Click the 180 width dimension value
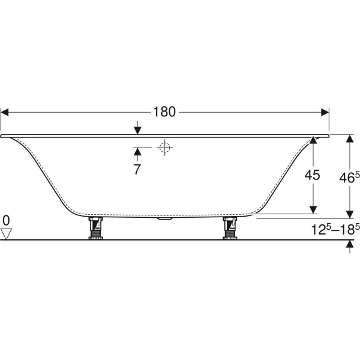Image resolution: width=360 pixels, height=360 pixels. tap(164, 112)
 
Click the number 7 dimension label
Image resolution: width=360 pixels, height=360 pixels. tap(137, 169)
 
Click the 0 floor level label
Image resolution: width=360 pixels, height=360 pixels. tap(6, 220)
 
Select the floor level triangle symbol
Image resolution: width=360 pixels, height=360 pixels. tap(7, 233)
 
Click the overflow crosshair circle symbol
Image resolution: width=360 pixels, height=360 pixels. tap(163, 147)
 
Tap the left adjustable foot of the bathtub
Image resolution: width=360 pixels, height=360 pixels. tap(94, 229)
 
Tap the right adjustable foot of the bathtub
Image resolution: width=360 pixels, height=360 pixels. tap(229, 229)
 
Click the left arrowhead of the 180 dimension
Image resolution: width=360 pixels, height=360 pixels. tap(5, 112)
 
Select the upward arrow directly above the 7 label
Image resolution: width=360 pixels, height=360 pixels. tap(137, 151)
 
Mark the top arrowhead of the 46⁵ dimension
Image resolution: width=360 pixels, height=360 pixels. tap(349, 139)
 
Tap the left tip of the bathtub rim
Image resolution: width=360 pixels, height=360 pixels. tap(3, 136)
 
